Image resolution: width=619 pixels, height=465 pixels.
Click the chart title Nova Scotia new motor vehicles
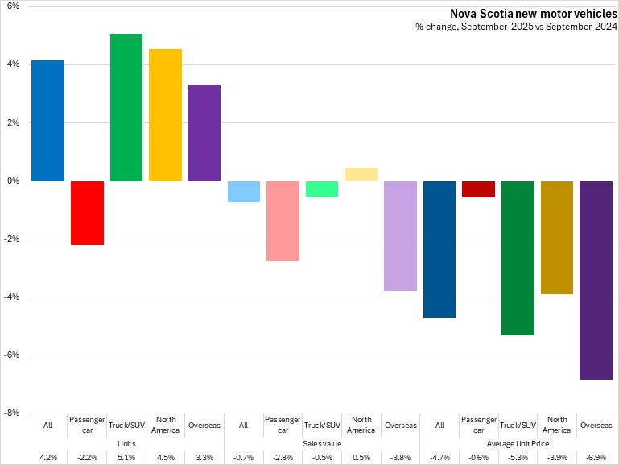(531, 14)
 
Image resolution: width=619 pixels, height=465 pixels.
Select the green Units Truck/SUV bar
(126, 107)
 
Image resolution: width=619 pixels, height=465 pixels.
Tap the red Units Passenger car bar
(87, 212)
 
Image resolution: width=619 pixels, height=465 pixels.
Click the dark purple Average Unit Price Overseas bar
(596, 280)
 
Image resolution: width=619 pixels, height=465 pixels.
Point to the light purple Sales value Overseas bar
(400, 235)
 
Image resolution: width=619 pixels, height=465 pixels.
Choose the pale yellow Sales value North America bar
(361, 174)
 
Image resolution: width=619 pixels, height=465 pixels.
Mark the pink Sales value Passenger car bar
(283, 220)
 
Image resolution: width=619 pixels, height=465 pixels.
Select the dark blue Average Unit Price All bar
(439, 248)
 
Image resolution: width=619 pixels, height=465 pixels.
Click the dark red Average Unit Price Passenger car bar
(478, 189)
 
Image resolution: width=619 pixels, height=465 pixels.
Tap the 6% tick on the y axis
(14, 6)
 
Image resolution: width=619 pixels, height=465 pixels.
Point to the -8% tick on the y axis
(13, 413)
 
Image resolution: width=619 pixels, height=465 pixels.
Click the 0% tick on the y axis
(14, 181)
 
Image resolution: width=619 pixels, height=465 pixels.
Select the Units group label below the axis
(126, 443)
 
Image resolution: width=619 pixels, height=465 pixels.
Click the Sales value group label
(322, 443)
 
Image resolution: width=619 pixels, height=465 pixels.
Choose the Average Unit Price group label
(518, 443)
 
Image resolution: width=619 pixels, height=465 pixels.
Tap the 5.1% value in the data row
(126, 458)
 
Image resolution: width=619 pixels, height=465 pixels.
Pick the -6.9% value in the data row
(596, 458)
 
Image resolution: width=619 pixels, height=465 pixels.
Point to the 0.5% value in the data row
(361, 458)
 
